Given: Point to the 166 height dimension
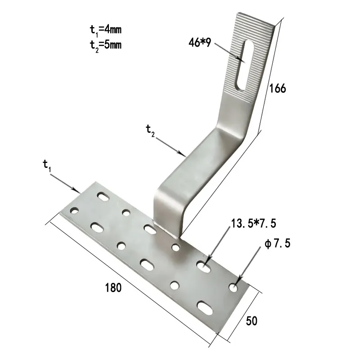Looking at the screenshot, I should (278, 88).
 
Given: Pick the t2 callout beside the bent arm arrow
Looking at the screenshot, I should (150, 130).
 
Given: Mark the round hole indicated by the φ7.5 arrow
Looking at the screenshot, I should (234, 287).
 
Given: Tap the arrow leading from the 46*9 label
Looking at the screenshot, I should (229, 53).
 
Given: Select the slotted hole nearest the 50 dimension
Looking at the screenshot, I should (205, 307).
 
